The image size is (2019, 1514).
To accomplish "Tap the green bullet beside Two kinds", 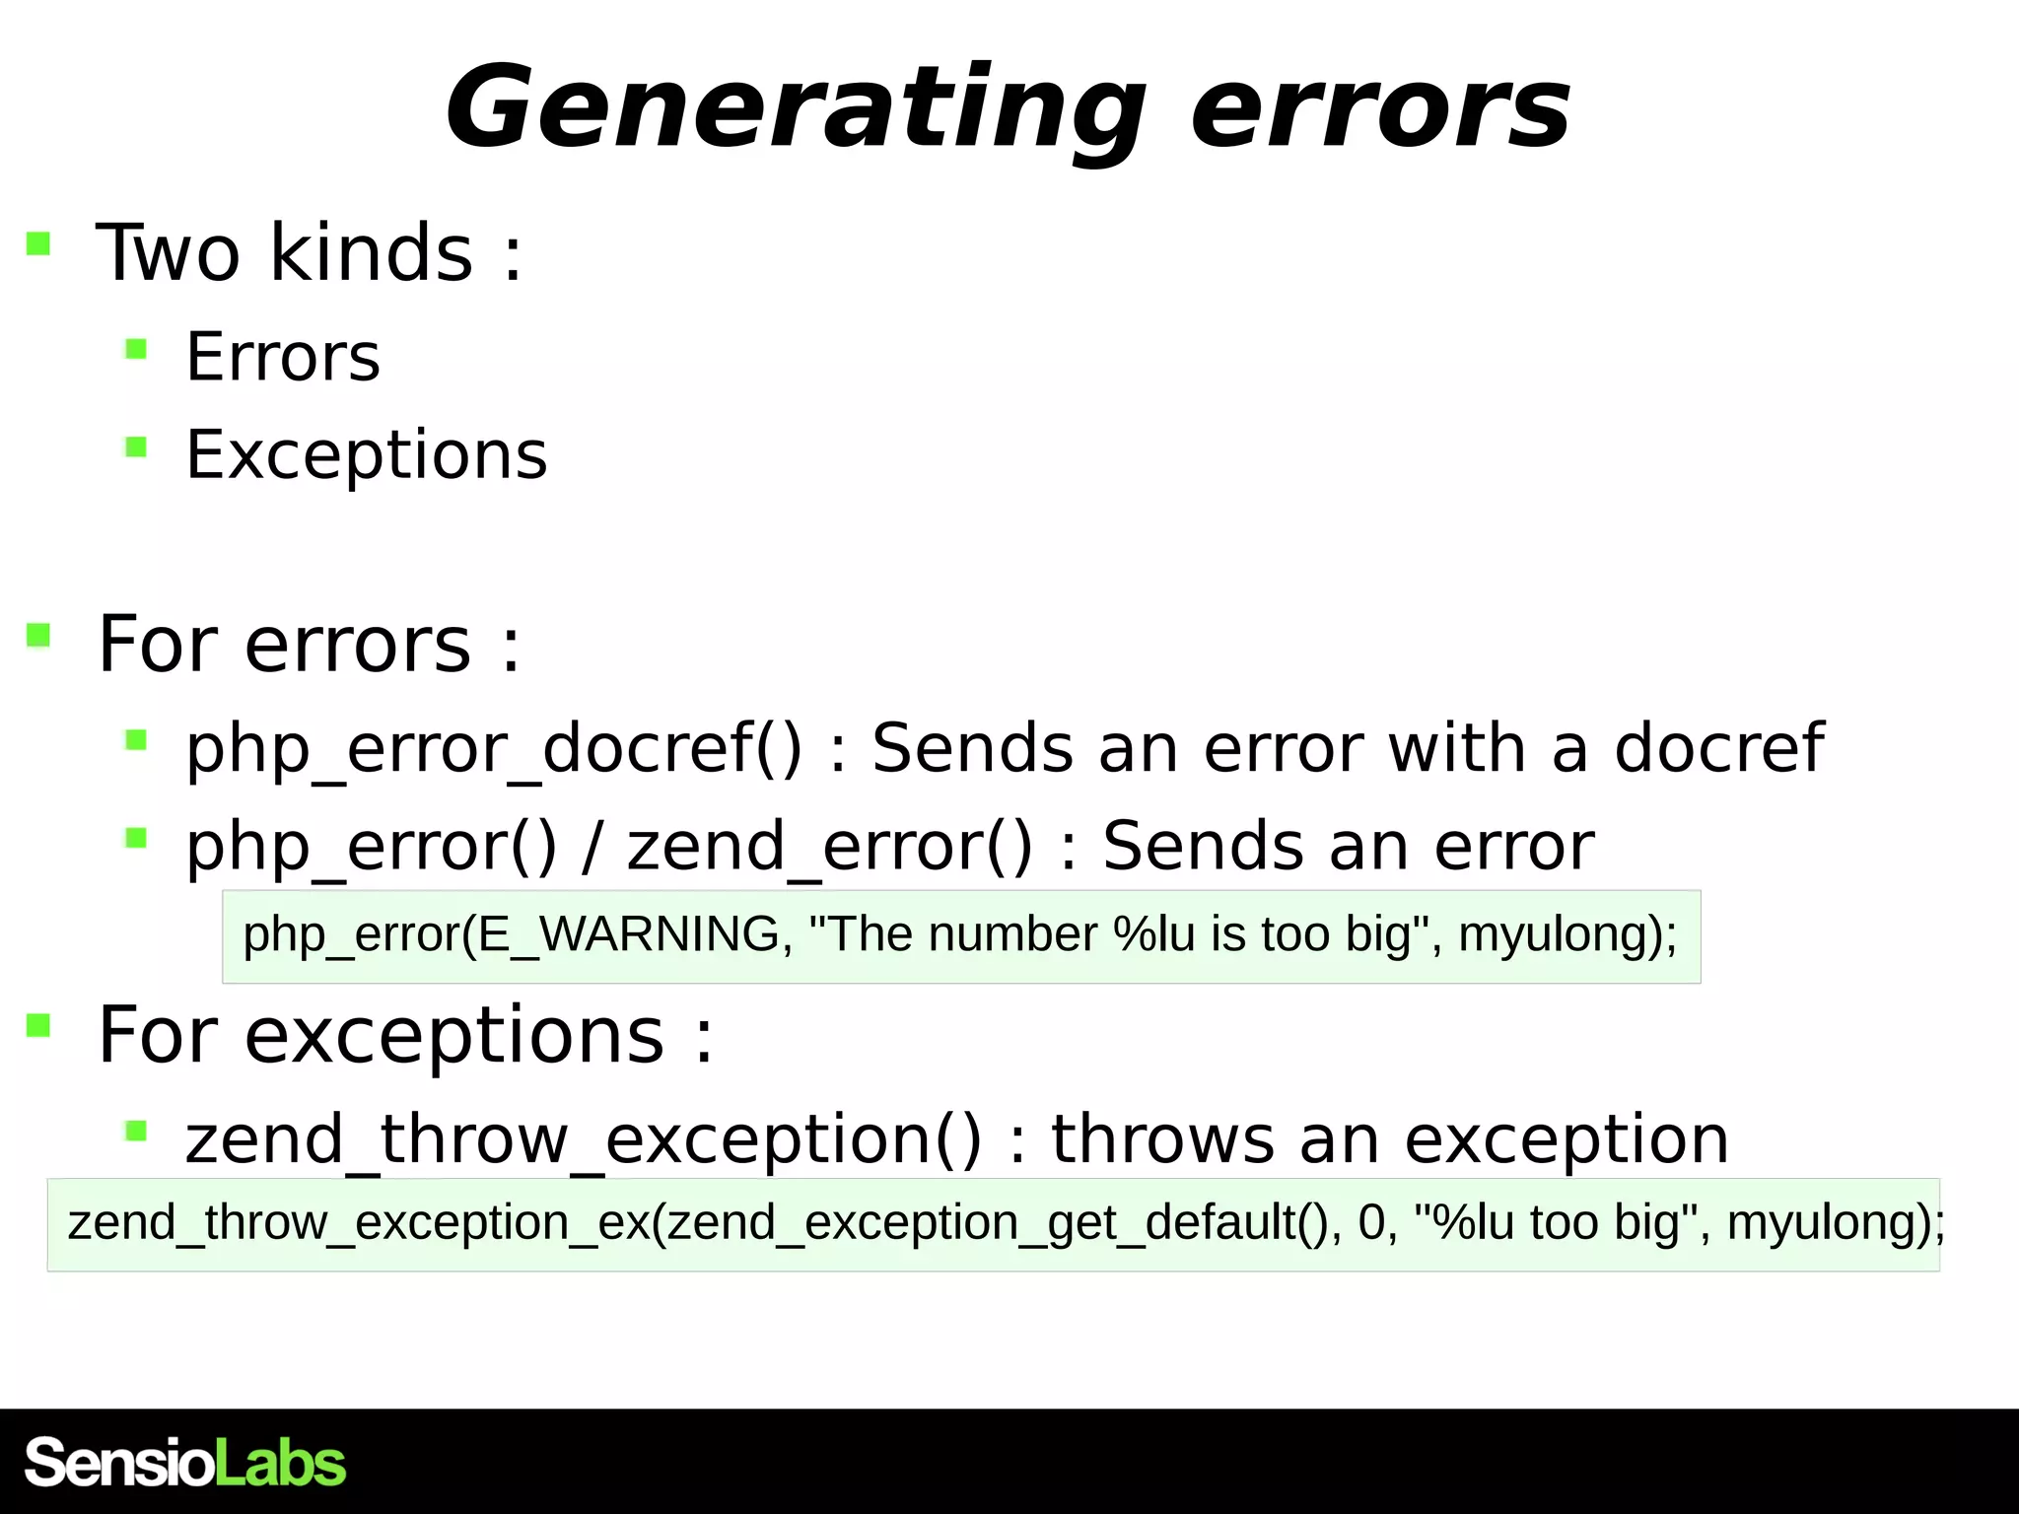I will tap(38, 243).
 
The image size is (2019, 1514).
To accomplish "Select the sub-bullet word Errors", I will tap(283, 357).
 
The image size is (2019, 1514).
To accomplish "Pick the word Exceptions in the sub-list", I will tap(367, 455).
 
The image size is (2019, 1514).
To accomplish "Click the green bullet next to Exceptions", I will tap(136, 447).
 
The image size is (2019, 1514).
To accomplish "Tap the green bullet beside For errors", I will tap(38, 635).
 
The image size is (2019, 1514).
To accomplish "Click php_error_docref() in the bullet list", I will tap(494, 748).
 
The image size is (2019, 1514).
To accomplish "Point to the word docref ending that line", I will tap(1718, 748).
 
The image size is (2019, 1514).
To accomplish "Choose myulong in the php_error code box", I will tap(1548, 934).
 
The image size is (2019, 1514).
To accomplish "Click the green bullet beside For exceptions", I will tap(38, 1026).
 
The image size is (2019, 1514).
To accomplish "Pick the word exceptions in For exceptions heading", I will tap(454, 1036).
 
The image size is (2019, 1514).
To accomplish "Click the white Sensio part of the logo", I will tap(118, 1463).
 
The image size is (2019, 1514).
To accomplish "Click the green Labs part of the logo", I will tap(280, 1463).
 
